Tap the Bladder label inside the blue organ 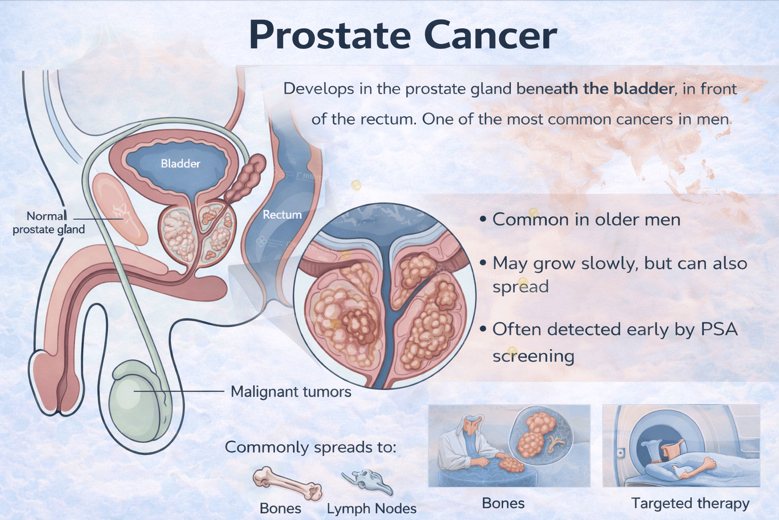[x=181, y=164]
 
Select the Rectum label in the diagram [x=282, y=214]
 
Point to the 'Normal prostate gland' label [x=49, y=223]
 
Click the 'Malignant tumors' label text [x=291, y=392]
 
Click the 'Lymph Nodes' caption [x=371, y=509]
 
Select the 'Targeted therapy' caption [x=690, y=504]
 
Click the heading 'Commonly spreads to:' [x=310, y=447]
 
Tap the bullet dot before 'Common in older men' [x=482, y=220]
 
